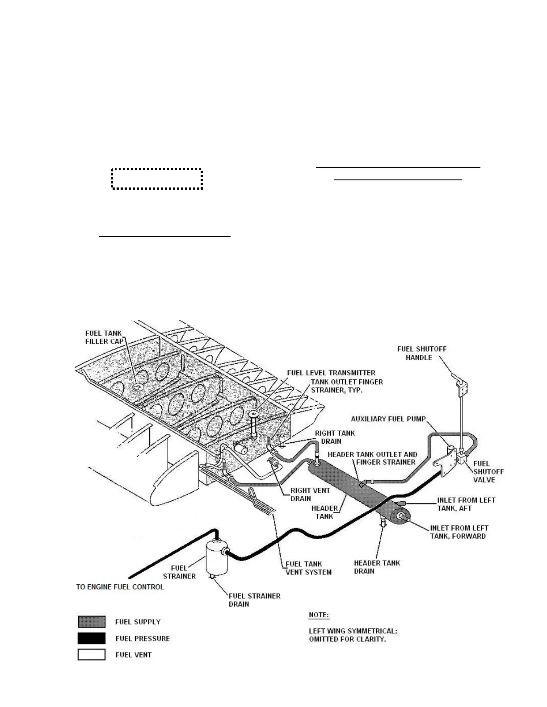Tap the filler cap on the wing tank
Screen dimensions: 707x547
tap(138, 387)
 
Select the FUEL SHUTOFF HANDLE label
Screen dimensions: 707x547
tap(421, 353)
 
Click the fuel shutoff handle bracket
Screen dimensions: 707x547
tap(463, 387)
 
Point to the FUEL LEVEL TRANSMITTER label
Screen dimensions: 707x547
tap(331, 373)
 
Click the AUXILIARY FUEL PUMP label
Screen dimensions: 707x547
tap(388, 419)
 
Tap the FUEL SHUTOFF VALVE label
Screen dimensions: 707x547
tap(488, 471)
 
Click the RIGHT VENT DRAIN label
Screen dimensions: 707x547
tap(310, 494)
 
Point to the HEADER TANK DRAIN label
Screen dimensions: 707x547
tap(377, 567)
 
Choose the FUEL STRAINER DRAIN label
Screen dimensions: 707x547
tap(254, 600)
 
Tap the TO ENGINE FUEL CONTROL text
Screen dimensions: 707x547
tap(120, 586)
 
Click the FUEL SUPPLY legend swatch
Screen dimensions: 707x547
tap(92, 622)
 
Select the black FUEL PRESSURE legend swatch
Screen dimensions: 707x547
tap(92, 638)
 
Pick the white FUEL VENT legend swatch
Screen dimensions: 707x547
tap(92, 655)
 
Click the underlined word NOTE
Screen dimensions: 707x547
tap(319, 615)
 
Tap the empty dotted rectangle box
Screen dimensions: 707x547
tap(157, 179)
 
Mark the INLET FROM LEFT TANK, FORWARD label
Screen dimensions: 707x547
tap(459, 532)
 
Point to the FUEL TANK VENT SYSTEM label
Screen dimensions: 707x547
tap(308, 568)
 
